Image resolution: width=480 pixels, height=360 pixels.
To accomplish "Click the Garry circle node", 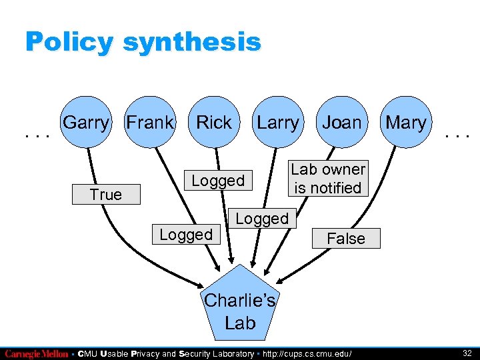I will pos(85,123).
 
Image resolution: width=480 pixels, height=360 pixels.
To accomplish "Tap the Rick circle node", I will pos(214,123).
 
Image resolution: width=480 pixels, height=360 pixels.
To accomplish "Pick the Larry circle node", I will pos(278,123).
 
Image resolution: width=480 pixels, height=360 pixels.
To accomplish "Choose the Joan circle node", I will pos(342,123).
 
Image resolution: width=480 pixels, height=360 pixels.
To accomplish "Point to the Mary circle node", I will pos(405,123).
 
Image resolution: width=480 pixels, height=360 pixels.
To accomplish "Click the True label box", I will pos(107,195).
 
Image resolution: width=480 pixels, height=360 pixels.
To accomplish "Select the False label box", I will pos(346,239).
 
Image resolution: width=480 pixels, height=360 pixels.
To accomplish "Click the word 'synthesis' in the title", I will pos(192,42).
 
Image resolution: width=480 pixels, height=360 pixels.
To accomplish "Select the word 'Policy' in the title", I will pos(69,42).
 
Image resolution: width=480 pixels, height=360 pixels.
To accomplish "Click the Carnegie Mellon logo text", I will pos(37,354).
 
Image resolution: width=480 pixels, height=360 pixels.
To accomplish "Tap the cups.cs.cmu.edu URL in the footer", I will pos(308,354).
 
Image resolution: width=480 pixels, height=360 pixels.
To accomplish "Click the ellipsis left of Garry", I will pos(37,135).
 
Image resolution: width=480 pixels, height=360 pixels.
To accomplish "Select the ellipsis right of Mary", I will pos(458,135).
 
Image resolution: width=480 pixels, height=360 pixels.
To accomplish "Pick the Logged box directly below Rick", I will pos(218,181).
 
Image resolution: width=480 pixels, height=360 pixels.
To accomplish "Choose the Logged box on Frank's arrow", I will pos(186,234).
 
